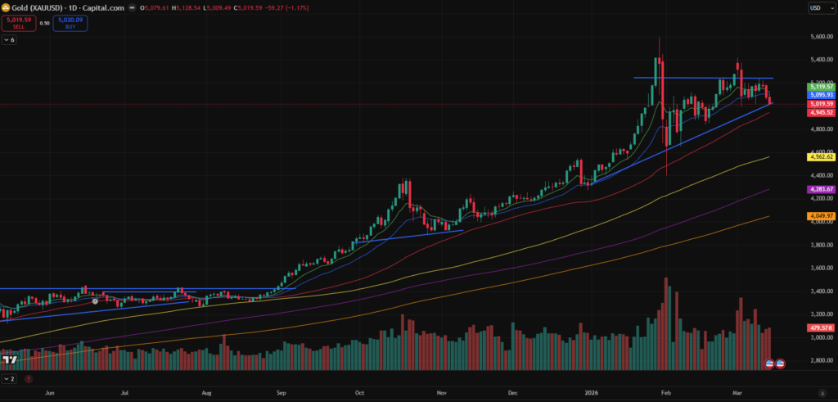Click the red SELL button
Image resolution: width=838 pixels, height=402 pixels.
pos(16,23)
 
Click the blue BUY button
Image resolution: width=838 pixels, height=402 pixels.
pos(70,23)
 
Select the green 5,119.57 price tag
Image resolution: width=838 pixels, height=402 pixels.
pos(821,86)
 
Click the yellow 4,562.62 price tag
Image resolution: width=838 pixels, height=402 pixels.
pos(821,156)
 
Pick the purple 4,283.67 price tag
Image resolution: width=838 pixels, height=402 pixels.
pos(821,189)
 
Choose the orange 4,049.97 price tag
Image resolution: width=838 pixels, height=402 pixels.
pos(821,216)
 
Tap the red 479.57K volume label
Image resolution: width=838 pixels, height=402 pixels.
pos(820,327)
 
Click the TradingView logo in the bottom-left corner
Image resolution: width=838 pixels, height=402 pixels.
pos(11,361)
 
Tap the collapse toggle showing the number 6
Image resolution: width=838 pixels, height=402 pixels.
pos(9,39)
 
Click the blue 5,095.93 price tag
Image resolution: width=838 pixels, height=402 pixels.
pos(821,95)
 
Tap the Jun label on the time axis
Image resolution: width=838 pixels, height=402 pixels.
pos(50,392)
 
